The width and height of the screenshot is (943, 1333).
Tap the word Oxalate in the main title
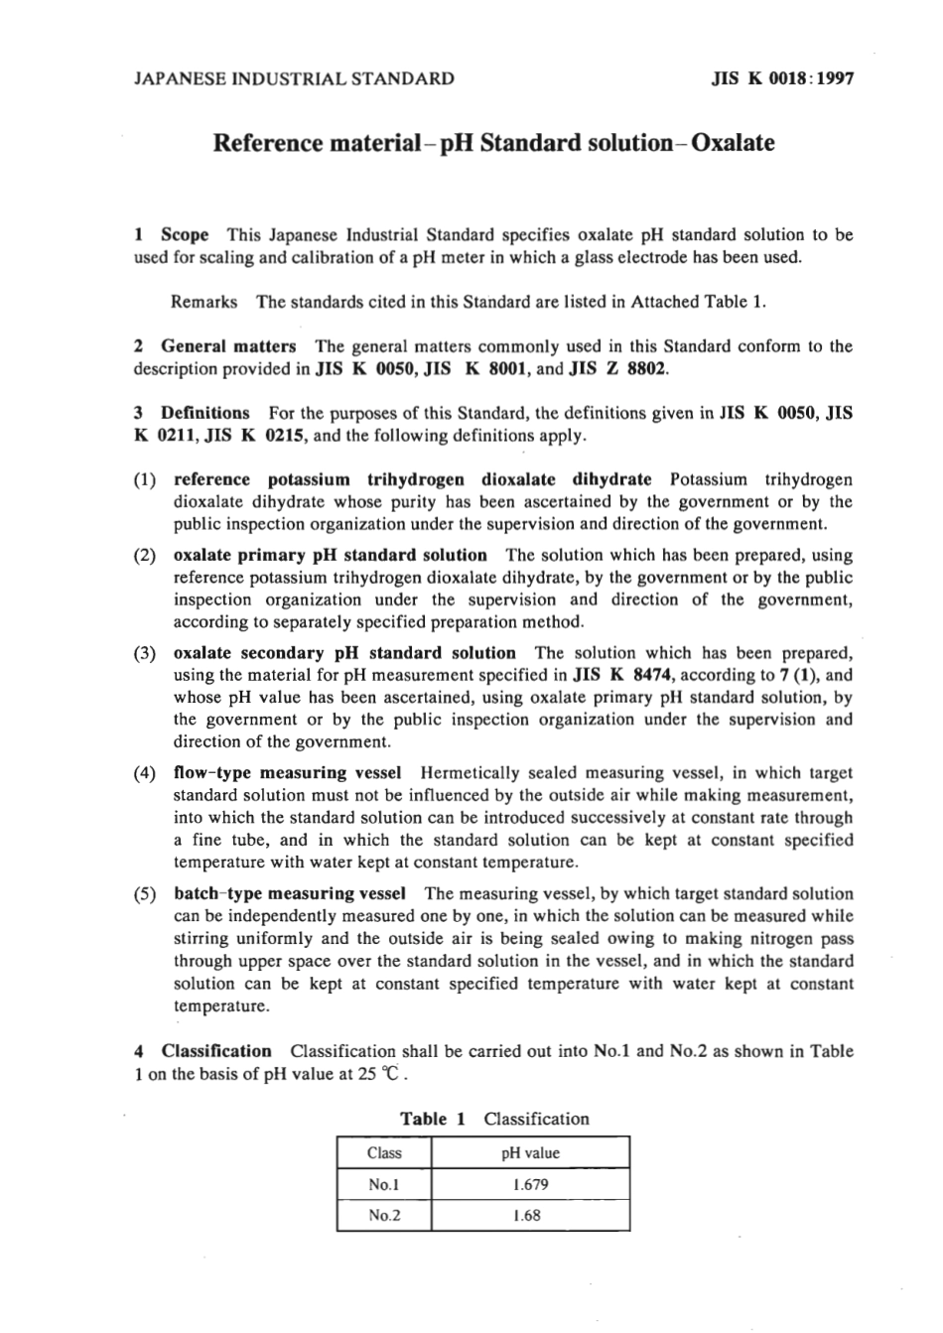point(733,143)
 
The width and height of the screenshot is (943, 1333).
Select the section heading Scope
point(185,235)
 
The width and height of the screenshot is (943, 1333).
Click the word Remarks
point(203,302)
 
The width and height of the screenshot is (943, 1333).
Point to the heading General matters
point(228,346)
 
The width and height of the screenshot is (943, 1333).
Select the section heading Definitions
point(205,413)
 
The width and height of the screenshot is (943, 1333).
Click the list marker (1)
point(145,480)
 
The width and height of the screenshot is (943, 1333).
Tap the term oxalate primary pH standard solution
point(330,556)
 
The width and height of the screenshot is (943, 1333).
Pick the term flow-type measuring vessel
point(287,773)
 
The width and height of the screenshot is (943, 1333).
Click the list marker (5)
point(145,894)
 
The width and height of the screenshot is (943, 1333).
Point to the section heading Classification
point(216,1051)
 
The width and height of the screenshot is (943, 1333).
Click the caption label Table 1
point(433,1119)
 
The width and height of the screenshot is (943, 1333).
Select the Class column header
point(384,1153)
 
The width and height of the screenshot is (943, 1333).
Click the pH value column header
point(530,1153)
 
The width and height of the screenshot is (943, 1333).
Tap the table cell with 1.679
point(530,1184)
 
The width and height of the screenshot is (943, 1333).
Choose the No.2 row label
point(384,1216)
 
